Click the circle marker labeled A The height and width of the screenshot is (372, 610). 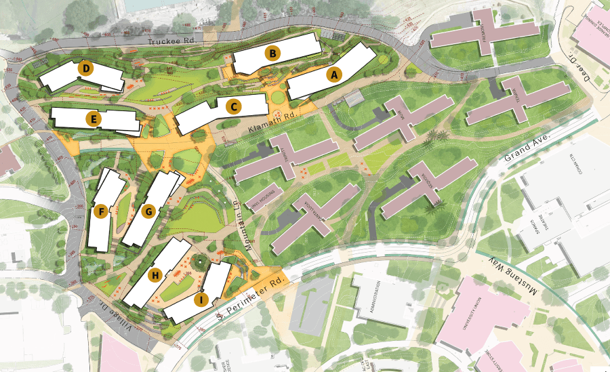[x=333, y=75]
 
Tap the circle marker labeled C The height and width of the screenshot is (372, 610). [x=233, y=106]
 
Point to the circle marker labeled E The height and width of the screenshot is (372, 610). [x=94, y=120]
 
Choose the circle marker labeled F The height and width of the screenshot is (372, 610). [x=102, y=212]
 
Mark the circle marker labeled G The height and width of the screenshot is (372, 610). [x=149, y=211]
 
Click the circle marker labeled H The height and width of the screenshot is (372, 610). [x=155, y=275]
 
